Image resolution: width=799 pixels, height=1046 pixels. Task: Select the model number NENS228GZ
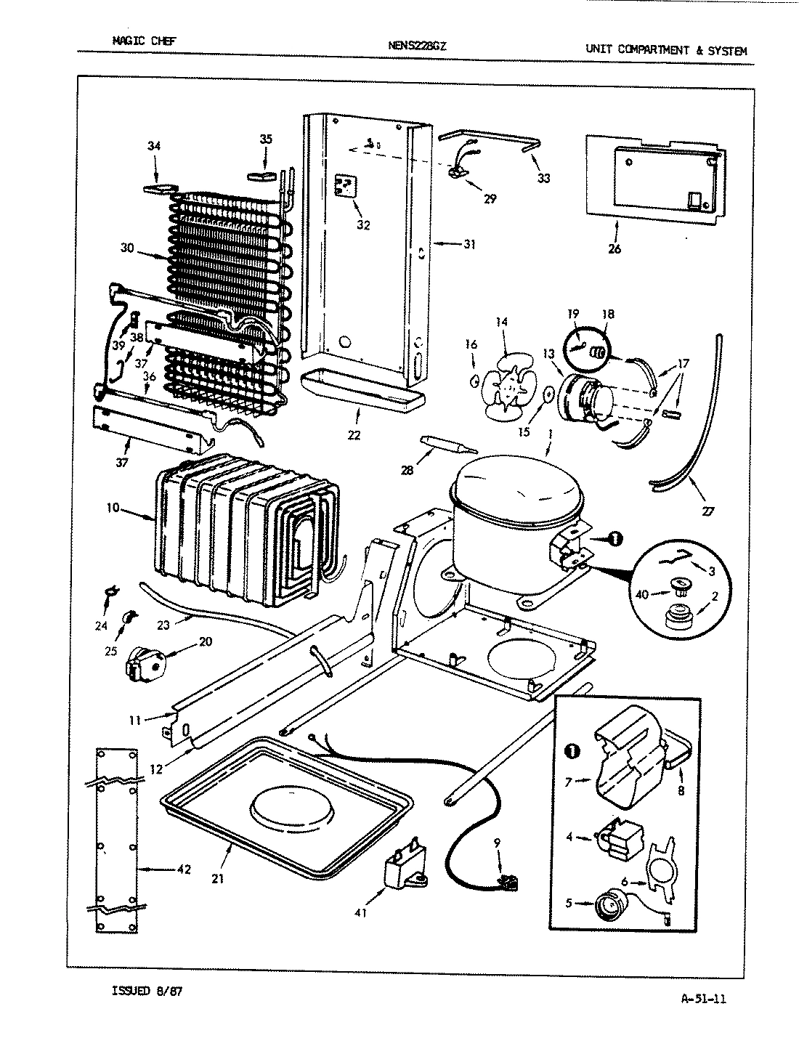point(418,45)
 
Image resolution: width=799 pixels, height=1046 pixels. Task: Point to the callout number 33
point(543,179)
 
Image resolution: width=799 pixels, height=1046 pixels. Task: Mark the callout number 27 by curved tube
point(707,511)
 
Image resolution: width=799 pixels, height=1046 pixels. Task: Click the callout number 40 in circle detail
point(641,595)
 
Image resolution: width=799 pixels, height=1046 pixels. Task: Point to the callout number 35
point(266,139)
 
